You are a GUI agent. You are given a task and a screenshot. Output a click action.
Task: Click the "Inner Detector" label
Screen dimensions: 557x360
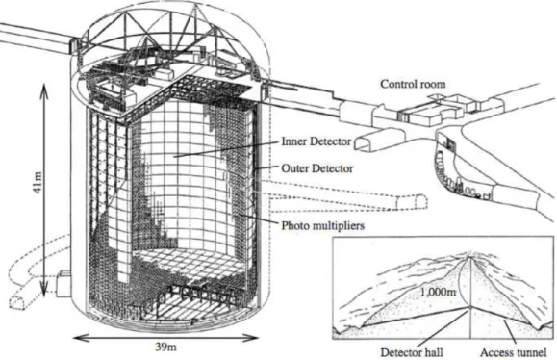point(316,141)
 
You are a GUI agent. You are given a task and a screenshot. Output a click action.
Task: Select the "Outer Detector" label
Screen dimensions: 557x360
point(317,168)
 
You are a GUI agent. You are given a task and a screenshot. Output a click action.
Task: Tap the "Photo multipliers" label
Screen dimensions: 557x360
point(323,225)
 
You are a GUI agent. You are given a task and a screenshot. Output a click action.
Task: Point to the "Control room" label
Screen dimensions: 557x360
point(413,85)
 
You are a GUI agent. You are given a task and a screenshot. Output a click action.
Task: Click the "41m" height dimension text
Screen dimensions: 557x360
point(38,184)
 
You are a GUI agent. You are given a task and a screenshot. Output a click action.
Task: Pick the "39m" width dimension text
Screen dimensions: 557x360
point(165,347)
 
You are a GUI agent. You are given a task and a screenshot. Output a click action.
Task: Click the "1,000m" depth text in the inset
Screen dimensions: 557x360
point(438,292)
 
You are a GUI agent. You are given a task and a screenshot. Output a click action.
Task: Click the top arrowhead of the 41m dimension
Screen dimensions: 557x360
point(43,86)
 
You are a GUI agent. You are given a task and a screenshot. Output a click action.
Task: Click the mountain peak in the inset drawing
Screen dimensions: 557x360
point(470,257)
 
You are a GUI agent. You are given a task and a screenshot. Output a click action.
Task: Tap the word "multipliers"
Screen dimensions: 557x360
point(339,225)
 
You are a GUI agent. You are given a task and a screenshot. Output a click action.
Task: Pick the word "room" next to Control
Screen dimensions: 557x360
point(432,85)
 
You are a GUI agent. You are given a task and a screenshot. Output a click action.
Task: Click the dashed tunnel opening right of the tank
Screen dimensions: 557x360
point(412,202)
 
